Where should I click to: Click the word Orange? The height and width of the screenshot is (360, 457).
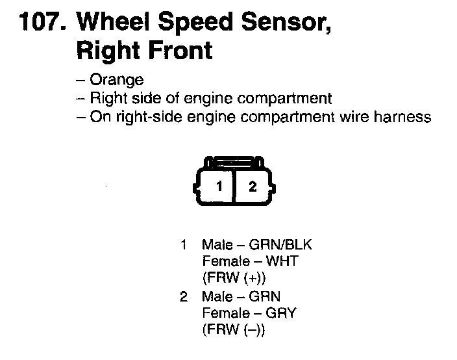[116, 80]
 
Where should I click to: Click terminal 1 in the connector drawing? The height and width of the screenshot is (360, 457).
[220, 186]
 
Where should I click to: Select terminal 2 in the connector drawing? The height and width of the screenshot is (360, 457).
[253, 186]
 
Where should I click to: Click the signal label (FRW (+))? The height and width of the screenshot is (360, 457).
[234, 279]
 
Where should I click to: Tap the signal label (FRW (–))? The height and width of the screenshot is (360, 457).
[234, 330]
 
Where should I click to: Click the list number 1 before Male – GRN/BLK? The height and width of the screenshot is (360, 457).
[184, 245]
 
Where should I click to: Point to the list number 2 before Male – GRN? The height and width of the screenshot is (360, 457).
[184, 296]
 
